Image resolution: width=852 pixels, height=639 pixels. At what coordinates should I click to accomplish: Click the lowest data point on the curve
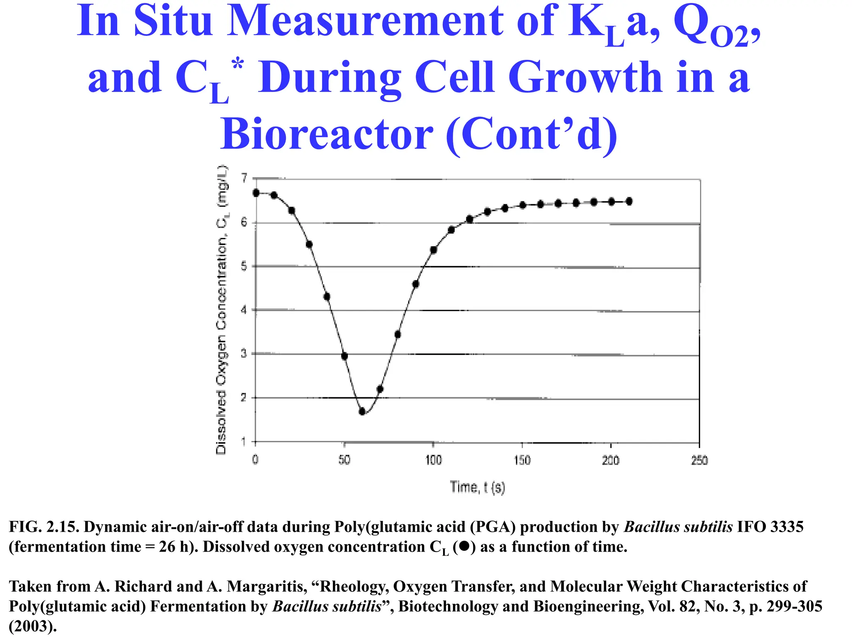pos(362,411)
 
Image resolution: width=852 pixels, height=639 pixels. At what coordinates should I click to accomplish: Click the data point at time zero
pos(256,193)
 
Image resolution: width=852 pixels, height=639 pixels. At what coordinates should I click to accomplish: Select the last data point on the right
pos(629,201)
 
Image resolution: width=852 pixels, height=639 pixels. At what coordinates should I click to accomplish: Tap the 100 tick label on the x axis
pos(433,460)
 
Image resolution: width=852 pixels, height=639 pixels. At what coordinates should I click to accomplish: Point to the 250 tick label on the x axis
pos(699,460)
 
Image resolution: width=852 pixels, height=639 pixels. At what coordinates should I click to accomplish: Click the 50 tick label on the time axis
pos(344,460)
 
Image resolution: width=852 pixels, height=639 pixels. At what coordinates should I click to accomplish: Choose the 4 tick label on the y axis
pos(244,310)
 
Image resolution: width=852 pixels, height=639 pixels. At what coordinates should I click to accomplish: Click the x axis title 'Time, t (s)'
pos(477,487)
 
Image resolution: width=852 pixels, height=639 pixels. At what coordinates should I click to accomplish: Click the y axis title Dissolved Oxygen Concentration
pos(221,310)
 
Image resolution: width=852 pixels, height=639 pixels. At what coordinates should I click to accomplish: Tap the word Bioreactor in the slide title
pos(327,134)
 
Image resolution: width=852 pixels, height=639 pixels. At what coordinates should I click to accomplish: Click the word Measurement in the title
pos(366,21)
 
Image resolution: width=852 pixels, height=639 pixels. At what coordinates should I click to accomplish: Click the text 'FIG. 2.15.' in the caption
pos(44,527)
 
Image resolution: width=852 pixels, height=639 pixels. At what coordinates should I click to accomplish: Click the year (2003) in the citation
pos(32,626)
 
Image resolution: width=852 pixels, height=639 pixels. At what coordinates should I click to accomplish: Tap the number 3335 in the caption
pos(787,527)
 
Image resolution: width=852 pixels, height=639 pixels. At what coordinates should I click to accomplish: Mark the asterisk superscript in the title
pos(238,65)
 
